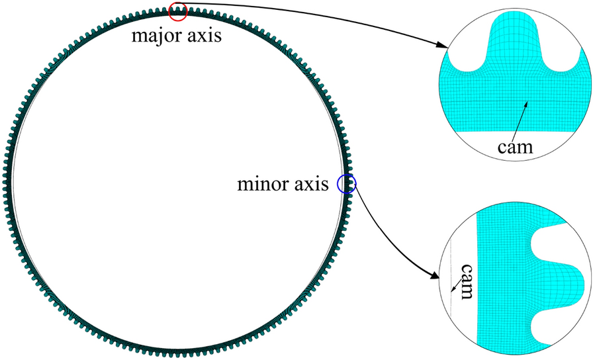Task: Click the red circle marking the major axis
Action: (x=178, y=11)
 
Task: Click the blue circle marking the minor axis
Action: (x=346, y=184)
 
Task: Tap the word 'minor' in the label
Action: (x=261, y=185)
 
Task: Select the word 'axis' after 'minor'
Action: (x=312, y=185)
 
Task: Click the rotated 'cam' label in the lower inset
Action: (x=465, y=281)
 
